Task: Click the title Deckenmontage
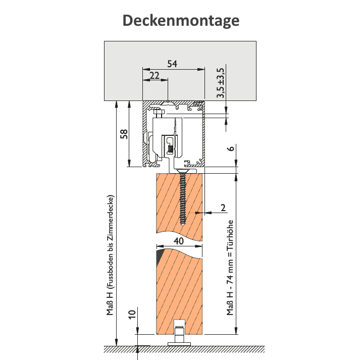point(180,21)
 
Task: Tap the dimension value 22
point(155,75)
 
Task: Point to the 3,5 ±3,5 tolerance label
point(220,83)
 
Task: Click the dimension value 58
point(125,134)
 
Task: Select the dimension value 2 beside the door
point(223,207)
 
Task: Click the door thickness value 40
point(179,241)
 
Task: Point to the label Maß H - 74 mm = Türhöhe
point(230,268)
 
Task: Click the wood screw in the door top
point(182,199)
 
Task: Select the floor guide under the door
point(179,334)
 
